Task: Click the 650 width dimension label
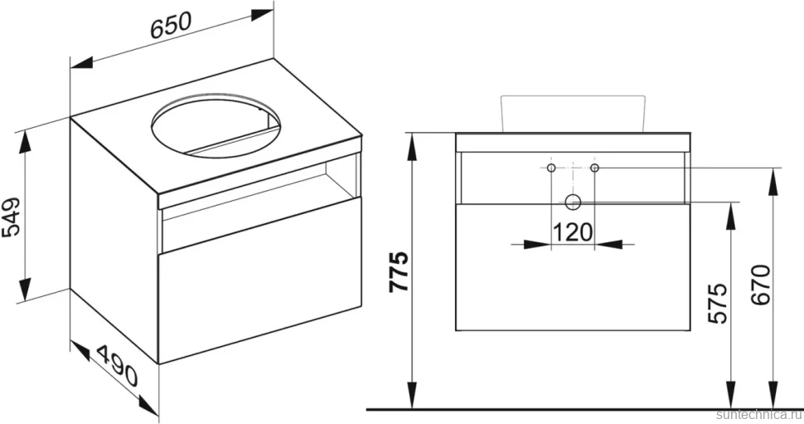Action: (171, 24)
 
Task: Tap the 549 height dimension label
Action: (12, 216)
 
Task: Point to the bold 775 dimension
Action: (398, 271)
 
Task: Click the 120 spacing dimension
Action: (572, 232)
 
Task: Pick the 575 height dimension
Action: (717, 303)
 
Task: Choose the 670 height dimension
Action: (760, 285)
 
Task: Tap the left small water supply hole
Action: (550, 168)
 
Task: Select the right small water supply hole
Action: (594, 168)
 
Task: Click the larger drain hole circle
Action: (573, 202)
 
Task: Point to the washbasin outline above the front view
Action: (572, 113)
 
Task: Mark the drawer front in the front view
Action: (573, 266)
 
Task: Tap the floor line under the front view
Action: (584, 410)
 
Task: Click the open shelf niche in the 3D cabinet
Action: (260, 202)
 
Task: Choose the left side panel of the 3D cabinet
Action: (115, 241)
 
